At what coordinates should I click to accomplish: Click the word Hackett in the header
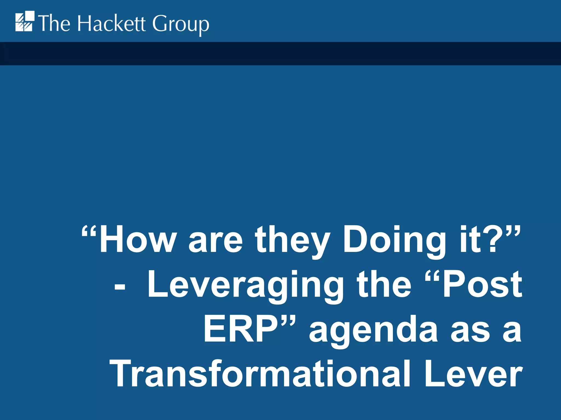111,24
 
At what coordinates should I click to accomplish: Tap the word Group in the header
181,25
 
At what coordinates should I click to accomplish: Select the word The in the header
54,24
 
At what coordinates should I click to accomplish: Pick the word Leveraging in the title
245,286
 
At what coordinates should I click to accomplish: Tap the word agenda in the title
373,331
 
